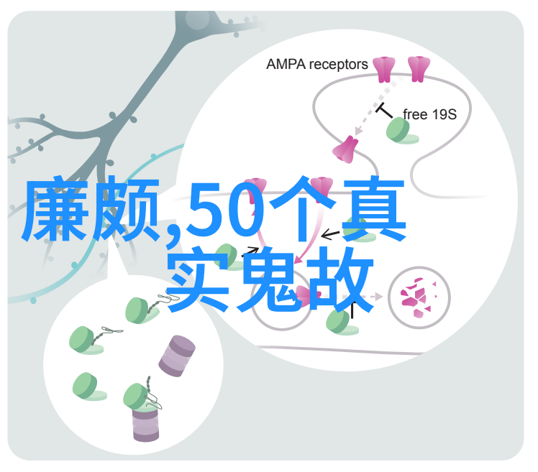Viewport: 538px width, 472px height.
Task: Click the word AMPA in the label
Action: tap(286, 64)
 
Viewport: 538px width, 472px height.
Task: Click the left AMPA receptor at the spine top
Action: tap(384, 69)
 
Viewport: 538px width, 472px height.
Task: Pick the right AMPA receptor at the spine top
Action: tap(419, 69)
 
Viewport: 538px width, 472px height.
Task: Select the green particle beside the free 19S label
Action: tap(400, 131)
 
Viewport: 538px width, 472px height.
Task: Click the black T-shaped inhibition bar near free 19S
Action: tap(384, 111)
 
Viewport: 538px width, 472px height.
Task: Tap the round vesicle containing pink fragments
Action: tap(419, 297)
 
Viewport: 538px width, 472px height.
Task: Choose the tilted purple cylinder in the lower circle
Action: tap(177, 356)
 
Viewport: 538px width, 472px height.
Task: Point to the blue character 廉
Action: tap(55, 208)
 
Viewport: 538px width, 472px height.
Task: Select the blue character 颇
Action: tap(126, 208)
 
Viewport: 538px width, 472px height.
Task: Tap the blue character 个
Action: tap(303, 208)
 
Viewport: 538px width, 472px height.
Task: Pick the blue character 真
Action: tap(373, 208)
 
